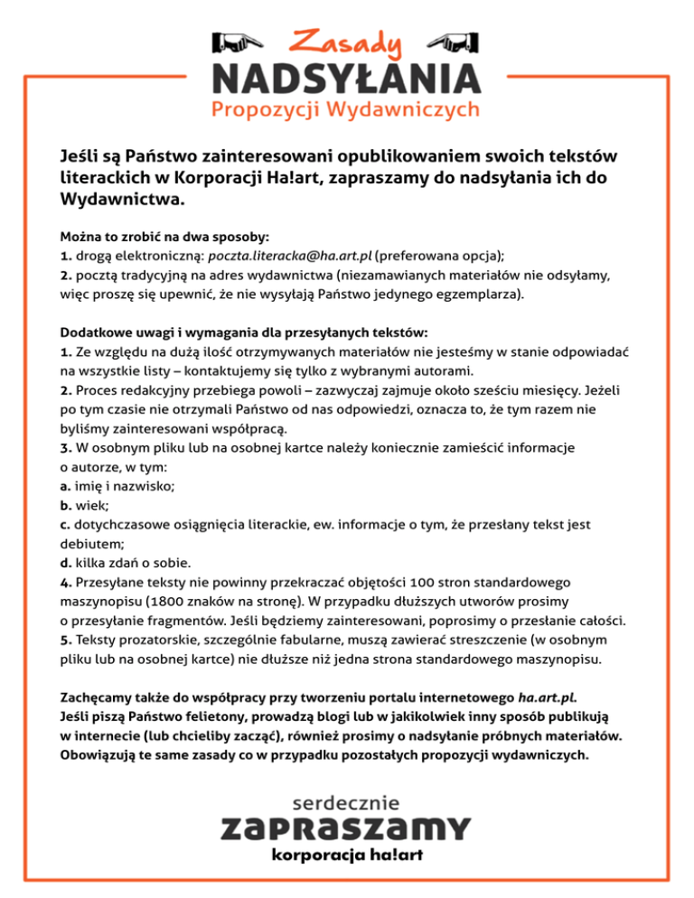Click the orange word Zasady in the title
[x=346, y=42]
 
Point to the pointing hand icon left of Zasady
[x=234, y=42]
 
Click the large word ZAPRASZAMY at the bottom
[x=346, y=828]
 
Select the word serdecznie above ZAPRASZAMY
[x=346, y=800]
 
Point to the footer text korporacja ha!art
[x=346, y=855]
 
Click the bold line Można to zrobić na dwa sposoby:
[x=164, y=236]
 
